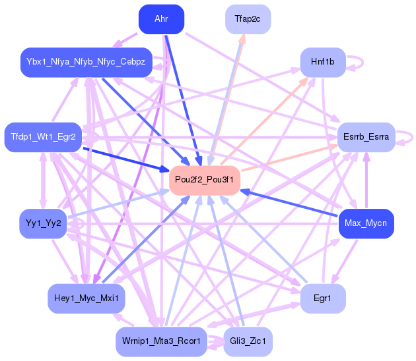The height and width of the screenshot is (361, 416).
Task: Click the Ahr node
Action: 161,18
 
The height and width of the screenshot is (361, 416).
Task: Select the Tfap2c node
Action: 248,18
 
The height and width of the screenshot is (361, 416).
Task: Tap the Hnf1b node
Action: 323,62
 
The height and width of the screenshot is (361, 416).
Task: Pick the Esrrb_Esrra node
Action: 366,137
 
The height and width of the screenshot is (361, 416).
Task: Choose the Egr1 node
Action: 322,299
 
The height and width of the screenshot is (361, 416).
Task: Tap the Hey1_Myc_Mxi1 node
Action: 87,299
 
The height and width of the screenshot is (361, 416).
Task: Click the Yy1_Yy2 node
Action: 44,224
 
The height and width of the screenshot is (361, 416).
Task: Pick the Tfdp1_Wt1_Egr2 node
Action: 44,137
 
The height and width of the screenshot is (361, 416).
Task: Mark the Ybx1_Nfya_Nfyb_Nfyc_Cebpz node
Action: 87,62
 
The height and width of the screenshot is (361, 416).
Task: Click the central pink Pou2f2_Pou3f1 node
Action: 205,180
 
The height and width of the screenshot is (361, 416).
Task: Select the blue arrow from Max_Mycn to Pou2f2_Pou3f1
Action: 291,204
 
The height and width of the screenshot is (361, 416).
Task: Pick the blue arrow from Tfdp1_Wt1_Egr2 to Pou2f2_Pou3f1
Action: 125,159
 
